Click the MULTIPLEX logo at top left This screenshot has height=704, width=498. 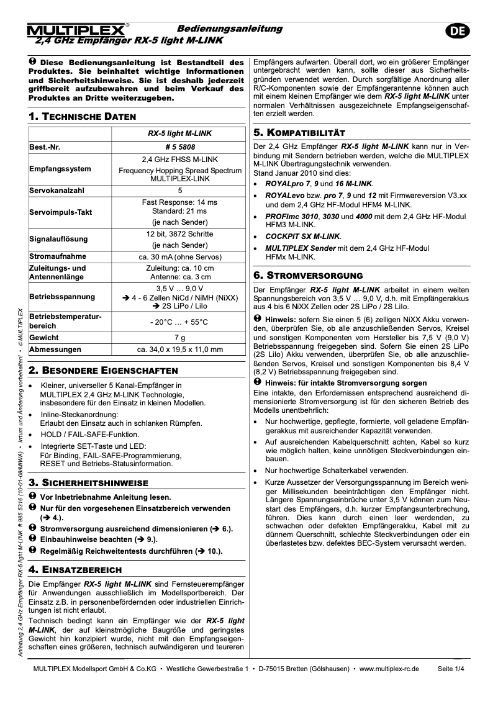pyautogui.click(x=78, y=30)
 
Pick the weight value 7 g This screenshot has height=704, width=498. pyautogui.click(x=179, y=337)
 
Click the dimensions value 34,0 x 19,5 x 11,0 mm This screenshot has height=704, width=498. pyautogui.click(x=179, y=350)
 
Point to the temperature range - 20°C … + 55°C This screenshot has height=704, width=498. pyautogui.click(x=179, y=322)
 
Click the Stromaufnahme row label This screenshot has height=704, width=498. pyautogui.click(x=58, y=255)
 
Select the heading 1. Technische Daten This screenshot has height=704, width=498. pyautogui.click(x=83, y=117)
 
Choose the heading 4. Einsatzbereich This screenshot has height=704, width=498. pyautogui.click(x=75, y=569)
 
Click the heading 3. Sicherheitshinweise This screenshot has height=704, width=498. pyautogui.click(x=88, y=482)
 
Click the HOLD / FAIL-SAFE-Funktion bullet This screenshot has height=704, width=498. pyautogui.click(x=89, y=435)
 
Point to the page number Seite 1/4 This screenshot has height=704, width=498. pyautogui.click(x=451, y=669)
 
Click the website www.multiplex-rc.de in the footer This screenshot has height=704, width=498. pyautogui.click(x=389, y=669)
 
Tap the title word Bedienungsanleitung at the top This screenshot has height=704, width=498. pyautogui.click(x=230, y=29)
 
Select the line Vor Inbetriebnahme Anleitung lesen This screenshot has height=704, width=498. pyautogui.click(x=104, y=497)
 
